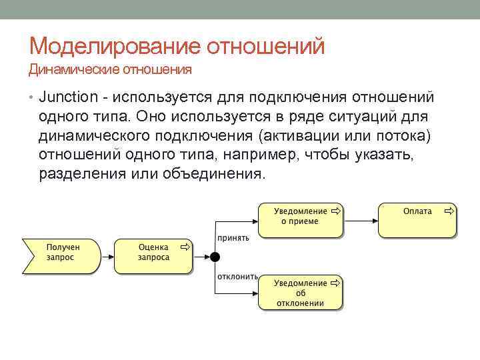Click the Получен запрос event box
click(61, 255)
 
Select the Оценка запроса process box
click(153, 255)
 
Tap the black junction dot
click(215, 257)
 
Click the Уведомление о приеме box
click(299, 220)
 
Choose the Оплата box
click(417, 220)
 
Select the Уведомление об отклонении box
click(299, 292)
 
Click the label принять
click(233, 238)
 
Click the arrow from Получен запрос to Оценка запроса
click(107, 256)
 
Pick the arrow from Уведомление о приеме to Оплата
click(360, 221)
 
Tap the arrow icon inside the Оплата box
click(449, 211)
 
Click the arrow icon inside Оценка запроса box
click(185, 246)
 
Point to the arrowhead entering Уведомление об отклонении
click(255, 293)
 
